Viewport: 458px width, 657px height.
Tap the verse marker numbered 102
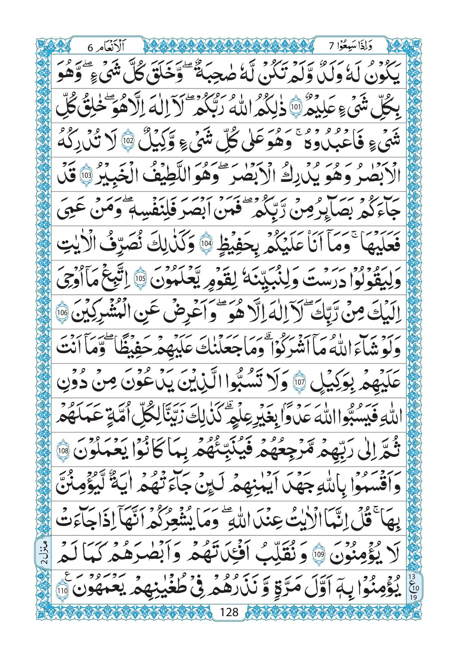(x=127, y=141)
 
